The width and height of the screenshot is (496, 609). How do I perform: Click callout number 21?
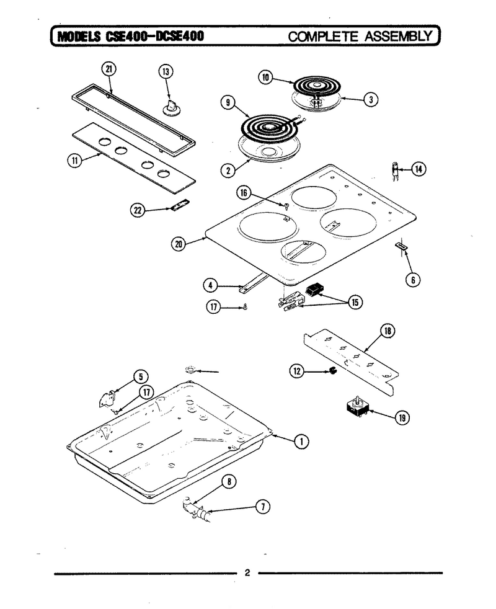coord(108,69)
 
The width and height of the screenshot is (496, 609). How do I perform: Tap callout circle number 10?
coord(266,78)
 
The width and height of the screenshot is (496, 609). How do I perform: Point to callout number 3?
coord(371,100)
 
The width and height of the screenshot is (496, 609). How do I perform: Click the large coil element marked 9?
coord(270,127)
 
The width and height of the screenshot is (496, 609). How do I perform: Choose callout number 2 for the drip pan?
coord(228,170)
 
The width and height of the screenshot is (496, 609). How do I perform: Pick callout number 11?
coord(74,161)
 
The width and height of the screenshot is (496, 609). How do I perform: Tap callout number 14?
coord(418,169)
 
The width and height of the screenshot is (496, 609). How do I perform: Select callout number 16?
coord(244,193)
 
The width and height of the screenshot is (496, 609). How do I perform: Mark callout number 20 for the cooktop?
coord(179,244)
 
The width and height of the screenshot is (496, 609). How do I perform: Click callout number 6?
coord(413,280)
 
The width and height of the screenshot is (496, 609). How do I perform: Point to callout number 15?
coord(355,302)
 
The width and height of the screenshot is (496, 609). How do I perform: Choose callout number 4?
coord(210,286)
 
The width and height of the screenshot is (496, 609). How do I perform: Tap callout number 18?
coord(387,331)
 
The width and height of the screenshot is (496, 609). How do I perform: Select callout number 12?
coord(297,371)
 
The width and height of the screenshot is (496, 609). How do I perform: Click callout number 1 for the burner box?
coord(301,442)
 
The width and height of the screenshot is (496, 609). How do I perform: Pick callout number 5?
coord(141,376)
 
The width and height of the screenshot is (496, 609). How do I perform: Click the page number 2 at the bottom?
coord(247,572)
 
